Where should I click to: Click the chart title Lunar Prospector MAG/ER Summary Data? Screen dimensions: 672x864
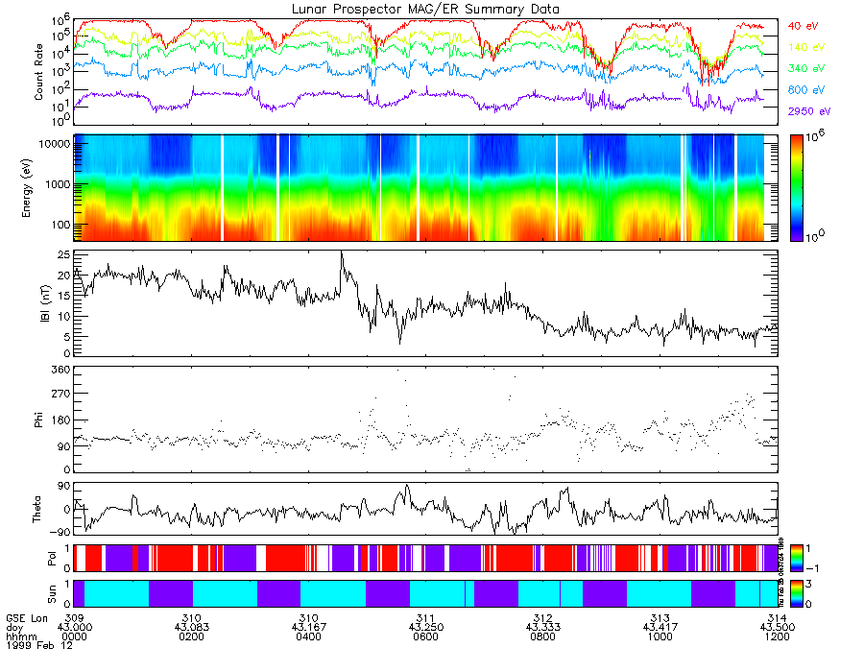coord(425,9)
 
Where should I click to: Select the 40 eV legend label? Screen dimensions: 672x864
coord(804,26)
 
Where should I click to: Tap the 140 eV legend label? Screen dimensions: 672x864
coord(805,47)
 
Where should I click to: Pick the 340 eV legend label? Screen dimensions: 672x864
coord(805,69)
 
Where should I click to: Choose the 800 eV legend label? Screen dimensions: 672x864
coord(805,90)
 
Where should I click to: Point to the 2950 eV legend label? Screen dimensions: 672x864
coord(808,111)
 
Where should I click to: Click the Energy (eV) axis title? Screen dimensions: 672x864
coord(39,188)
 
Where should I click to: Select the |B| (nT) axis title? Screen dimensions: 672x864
coord(39,303)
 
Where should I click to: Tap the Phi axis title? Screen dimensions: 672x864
coord(39,419)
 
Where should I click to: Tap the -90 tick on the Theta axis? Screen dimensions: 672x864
coord(60,531)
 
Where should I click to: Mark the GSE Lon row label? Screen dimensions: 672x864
coord(26,617)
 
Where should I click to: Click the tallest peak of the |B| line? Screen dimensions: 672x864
coord(341,252)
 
